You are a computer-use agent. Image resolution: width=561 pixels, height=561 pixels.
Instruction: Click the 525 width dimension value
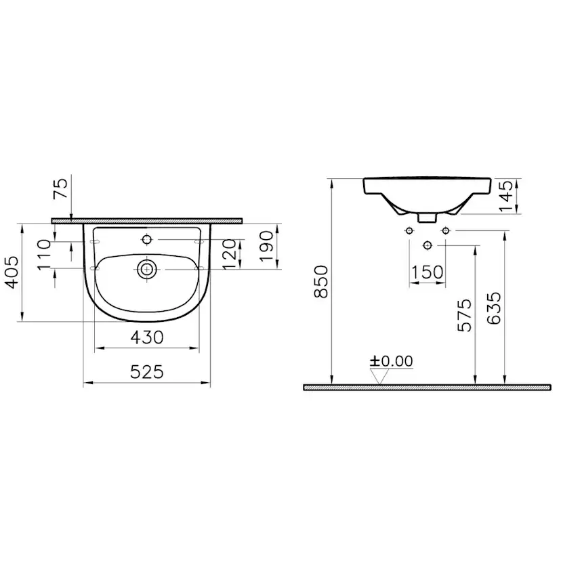[x=147, y=372]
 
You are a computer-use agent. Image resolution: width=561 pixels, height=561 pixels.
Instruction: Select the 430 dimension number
[x=147, y=337]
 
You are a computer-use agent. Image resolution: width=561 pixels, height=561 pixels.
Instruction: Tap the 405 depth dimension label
[x=13, y=272]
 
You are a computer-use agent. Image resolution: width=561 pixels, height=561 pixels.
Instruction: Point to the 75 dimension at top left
[x=60, y=188]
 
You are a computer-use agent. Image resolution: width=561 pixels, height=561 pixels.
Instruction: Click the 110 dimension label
[x=44, y=254]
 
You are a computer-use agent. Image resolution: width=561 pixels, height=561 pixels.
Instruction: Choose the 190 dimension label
[x=266, y=246]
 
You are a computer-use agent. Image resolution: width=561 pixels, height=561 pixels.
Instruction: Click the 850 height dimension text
[x=321, y=282]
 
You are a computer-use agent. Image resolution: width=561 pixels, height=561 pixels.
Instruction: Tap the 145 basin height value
[x=506, y=196]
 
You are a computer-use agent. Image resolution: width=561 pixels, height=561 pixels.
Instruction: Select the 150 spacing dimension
[x=428, y=272]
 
